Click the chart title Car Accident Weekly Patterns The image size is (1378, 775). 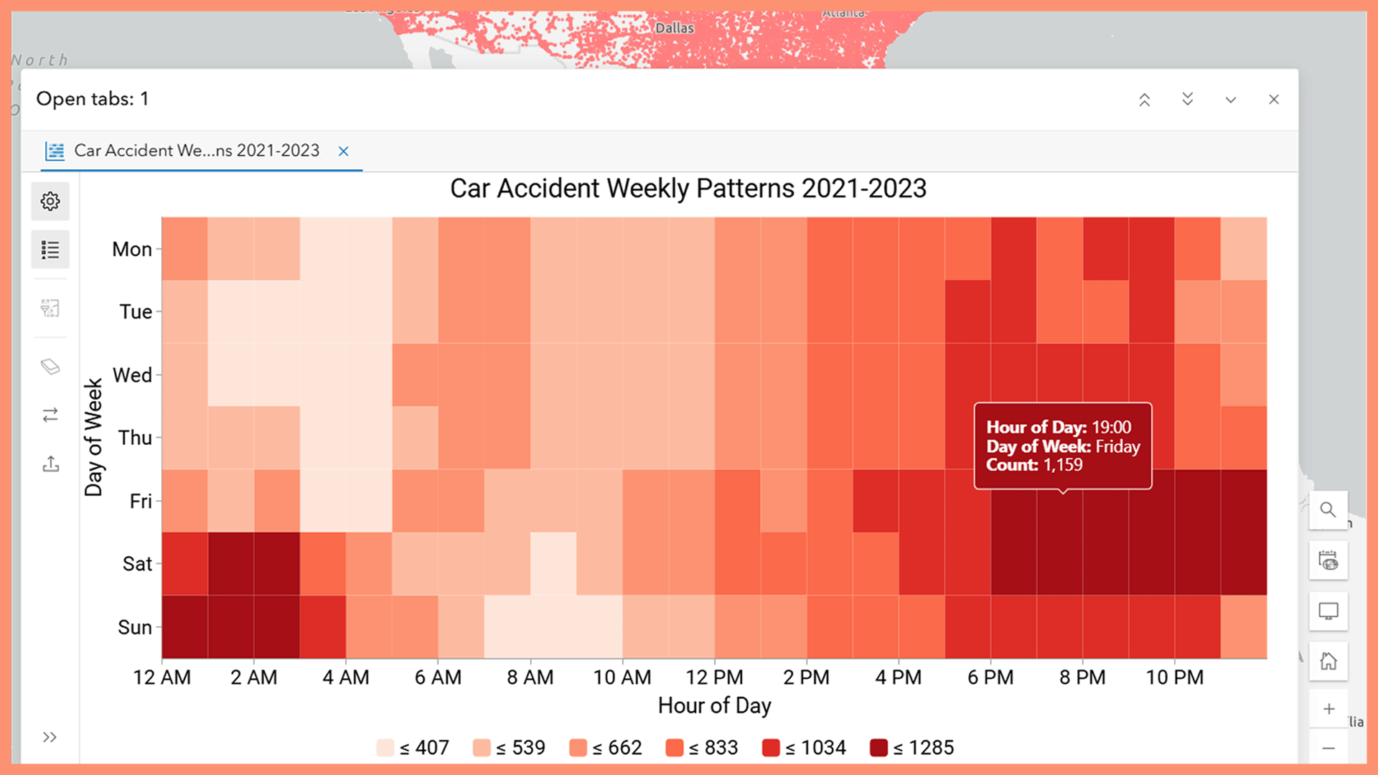[x=688, y=189]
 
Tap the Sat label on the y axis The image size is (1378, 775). [x=136, y=564]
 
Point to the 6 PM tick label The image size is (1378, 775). [x=990, y=677]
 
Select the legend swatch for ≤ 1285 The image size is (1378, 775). [x=878, y=748]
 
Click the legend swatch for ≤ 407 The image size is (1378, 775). [x=385, y=748]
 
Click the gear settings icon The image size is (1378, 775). [x=50, y=201]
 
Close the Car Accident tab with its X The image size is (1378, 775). [x=344, y=151]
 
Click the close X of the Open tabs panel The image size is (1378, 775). [x=1274, y=100]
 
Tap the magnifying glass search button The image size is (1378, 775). [x=1328, y=510]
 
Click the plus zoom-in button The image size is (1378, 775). [x=1328, y=709]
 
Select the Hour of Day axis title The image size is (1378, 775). [x=714, y=706]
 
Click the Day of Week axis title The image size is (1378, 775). [x=94, y=438]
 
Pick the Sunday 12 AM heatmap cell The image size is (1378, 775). [x=184, y=626]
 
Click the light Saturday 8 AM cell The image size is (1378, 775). [x=553, y=563]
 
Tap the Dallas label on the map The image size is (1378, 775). [x=675, y=28]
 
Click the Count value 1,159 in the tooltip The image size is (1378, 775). [x=1063, y=465]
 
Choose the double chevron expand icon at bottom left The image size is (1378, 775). [x=50, y=737]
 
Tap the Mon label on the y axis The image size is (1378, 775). [x=132, y=249]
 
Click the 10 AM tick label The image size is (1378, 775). [x=622, y=677]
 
